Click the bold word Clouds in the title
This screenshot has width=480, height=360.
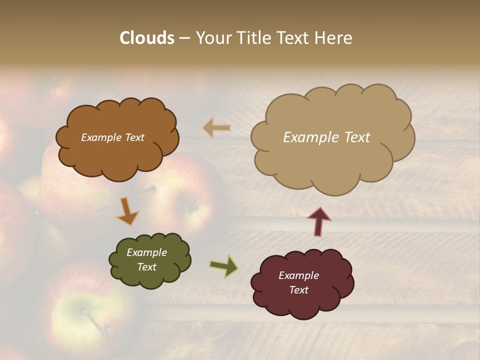pyautogui.click(x=147, y=38)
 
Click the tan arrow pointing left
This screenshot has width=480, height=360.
pyautogui.click(x=216, y=128)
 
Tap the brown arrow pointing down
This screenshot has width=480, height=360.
pyautogui.click(x=127, y=210)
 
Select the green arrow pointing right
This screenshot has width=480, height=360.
pyautogui.click(x=224, y=266)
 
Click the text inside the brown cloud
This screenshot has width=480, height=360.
pyautogui.click(x=112, y=137)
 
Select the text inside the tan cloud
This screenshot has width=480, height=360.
pyautogui.click(x=326, y=137)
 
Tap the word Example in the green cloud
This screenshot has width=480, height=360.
pyautogui.click(x=146, y=252)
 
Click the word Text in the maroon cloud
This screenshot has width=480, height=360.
pyautogui.click(x=298, y=290)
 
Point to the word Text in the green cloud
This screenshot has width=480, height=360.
pyautogui.click(x=146, y=267)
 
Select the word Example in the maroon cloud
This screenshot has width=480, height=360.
pyautogui.click(x=298, y=275)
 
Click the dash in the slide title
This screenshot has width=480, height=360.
pyautogui.click(x=184, y=38)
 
